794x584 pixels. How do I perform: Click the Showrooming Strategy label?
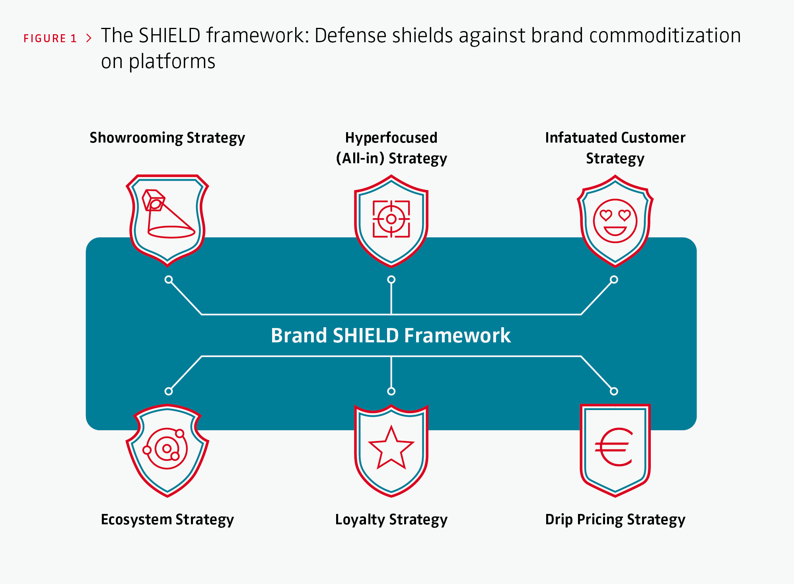coord(167,138)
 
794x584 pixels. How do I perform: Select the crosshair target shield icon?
coord(391,219)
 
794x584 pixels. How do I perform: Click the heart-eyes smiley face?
coord(615,221)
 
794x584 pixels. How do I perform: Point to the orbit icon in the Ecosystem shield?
coord(167,449)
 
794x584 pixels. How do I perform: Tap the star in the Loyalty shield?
coord(391,448)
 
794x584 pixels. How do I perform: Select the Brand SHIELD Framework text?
coord(391,335)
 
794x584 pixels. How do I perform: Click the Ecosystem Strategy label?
coord(167,520)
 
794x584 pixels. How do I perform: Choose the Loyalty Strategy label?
coord(391,520)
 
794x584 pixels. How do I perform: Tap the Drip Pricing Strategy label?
coord(615,520)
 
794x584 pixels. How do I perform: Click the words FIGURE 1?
coord(50,39)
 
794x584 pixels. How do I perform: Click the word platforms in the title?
coord(172,62)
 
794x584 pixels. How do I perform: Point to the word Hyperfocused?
coord(391,138)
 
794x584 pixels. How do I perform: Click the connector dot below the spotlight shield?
coord(169,279)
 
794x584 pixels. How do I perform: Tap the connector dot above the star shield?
coord(391,391)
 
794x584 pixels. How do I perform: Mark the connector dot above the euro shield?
coord(614,391)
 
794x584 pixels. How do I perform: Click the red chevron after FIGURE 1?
coord(89,38)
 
